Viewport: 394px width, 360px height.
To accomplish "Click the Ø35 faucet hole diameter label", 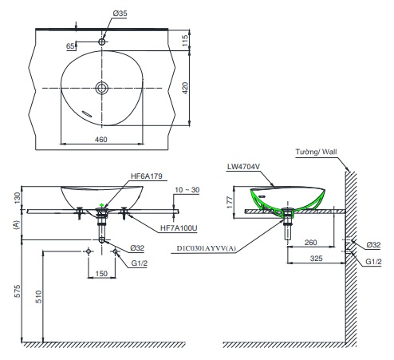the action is pyautogui.click(x=120, y=14).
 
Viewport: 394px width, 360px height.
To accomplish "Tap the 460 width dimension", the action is pyautogui.click(x=101, y=139).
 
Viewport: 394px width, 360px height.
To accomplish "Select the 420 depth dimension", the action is pyautogui.click(x=185, y=88).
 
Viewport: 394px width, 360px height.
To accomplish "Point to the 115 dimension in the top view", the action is pyautogui.click(x=185, y=40).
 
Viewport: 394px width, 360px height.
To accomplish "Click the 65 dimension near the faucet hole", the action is pyautogui.click(x=70, y=46).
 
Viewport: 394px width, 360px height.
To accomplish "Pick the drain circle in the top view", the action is pyautogui.click(x=102, y=88).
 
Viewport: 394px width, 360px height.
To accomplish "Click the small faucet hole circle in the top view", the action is pyautogui.click(x=102, y=42).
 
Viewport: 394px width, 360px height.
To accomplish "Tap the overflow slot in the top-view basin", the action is pyautogui.click(x=87, y=114).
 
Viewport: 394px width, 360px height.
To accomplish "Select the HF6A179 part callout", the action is pyautogui.click(x=147, y=176).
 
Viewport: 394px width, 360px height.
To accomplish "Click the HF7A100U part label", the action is pyautogui.click(x=179, y=228).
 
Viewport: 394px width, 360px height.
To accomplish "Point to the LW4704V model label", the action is pyautogui.click(x=243, y=167).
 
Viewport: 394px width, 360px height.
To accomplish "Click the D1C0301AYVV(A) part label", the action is pyautogui.click(x=207, y=248).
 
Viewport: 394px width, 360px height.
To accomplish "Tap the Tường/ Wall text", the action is pyautogui.click(x=316, y=152).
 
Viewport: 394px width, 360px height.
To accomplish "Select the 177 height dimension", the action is pyautogui.click(x=230, y=202).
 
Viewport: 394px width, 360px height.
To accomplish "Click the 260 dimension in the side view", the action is pyautogui.click(x=310, y=243).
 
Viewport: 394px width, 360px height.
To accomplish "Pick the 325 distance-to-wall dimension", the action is pyautogui.click(x=316, y=258).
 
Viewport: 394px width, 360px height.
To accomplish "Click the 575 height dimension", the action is pyautogui.click(x=17, y=291).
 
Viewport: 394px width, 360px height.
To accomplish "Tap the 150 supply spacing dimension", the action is pyautogui.click(x=101, y=273).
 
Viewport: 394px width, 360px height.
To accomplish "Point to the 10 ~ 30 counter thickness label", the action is pyautogui.click(x=187, y=190).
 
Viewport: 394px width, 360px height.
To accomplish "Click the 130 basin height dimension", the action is pyautogui.click(x=17, y=198).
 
